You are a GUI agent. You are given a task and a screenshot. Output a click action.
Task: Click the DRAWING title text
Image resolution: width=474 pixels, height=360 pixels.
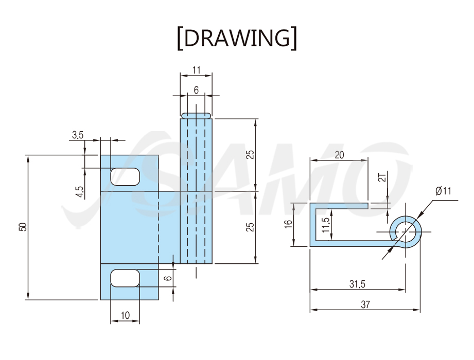click(x=237, y=38)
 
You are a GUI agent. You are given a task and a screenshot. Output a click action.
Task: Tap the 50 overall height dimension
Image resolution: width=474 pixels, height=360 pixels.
click(x=23, y=227)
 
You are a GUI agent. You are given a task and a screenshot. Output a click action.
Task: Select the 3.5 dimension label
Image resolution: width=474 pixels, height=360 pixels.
click(x=77, y=135)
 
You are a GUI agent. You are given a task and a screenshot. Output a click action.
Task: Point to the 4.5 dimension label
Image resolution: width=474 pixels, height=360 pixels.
click(x=79, y=192)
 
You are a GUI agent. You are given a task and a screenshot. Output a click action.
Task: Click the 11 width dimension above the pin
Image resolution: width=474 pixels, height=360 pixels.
click(x=196, y=70)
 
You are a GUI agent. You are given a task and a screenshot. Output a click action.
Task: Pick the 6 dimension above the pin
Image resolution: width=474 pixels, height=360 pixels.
click(x=196, y=90)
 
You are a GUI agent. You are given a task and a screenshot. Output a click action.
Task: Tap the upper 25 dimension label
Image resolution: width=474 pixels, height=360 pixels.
click(x=250, y=155)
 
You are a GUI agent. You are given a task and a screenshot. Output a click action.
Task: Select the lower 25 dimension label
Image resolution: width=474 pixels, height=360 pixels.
click(x=250, y=227)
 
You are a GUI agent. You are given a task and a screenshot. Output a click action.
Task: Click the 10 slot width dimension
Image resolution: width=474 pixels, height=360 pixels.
click(x=125, y=315)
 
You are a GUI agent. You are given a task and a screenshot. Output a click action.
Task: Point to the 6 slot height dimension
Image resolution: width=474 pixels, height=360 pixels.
click(x=169, y=278)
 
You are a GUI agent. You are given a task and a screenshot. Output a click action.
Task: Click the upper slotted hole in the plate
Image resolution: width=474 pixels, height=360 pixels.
click(x=125, y=177)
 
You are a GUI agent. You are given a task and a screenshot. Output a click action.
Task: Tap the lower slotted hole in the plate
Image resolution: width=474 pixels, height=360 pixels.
click(x=125, y=278)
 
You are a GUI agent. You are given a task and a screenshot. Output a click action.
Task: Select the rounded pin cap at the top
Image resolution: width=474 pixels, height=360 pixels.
click(x=196, y=116)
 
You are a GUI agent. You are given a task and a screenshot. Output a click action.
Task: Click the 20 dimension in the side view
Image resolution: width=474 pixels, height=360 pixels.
click(x=339, y=155)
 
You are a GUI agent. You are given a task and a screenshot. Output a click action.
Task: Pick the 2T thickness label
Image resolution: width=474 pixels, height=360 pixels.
click(x=383, y=176)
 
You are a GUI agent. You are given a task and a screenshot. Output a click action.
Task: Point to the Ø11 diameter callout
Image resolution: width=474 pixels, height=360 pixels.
click(x=443, y=191)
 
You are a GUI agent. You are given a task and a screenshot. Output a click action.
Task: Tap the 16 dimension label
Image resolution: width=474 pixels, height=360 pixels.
click(x=288, y=224)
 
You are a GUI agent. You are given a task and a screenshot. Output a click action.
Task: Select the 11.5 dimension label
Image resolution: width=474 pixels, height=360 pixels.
click(x=326, y=225)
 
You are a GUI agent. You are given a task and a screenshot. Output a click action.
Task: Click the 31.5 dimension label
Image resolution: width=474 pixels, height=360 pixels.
click(x=357, y=284)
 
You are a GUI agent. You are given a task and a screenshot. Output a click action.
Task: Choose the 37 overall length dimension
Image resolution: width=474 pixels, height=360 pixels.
click(x=365, y=304)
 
